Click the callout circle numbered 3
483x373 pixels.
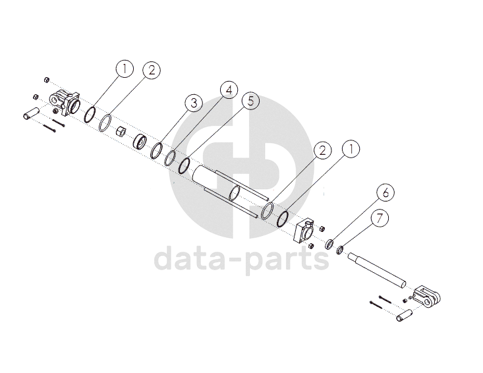click(x=192, y=103)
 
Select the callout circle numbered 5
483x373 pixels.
click(x=250, y=101)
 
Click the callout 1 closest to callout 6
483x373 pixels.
click(x=351, y=149)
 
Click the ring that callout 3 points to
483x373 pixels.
click(x=157, y=150)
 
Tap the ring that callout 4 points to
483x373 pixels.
click(x=171, y=158)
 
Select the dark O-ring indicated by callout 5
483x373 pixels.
click(x=185, y=165)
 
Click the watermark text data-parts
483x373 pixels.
click(x=241, y=258)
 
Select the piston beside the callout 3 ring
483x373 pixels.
click(x=140, y=141)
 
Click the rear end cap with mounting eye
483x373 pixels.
click(x=66, y=103)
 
